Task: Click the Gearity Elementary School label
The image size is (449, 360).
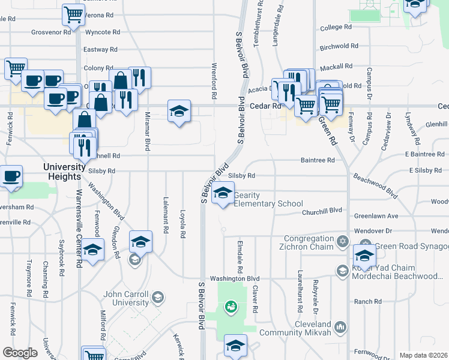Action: click(x=268, y=200)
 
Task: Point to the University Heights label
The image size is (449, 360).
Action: click(x=61, y=172)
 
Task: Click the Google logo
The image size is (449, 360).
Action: click(x=20, y=353)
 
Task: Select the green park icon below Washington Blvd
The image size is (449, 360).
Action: click(x=229, y=307)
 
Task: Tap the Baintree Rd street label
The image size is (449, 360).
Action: click(x=318, y=160)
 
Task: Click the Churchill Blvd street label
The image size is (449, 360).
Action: click(x=322, y=211)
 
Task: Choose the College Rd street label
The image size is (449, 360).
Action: click(x=336, y=28)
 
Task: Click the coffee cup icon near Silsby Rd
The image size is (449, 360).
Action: click(x=12, y=176)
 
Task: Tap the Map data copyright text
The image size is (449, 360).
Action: click(x=423, y=355)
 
